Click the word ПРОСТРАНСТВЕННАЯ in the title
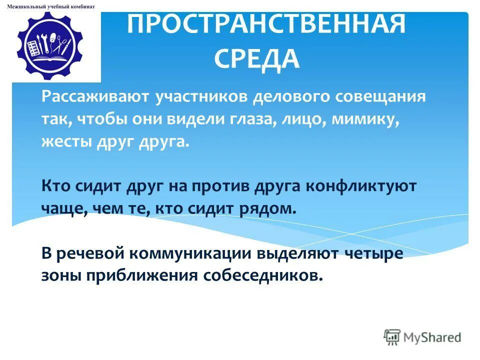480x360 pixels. [x=265, y=25]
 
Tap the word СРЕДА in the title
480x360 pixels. [x=257, y=59]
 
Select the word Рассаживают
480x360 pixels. [x=95, y=96]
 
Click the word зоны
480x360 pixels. [x=61, y=275]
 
